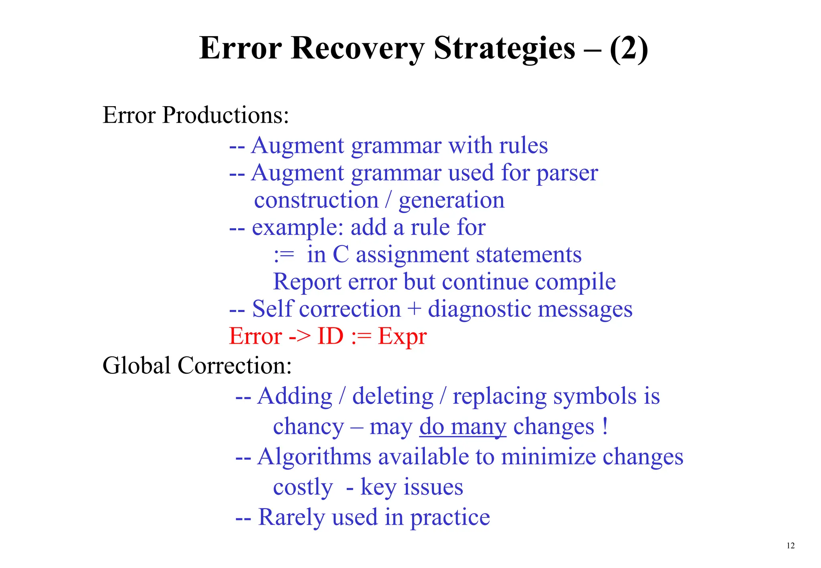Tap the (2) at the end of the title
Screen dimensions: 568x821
[628, 48]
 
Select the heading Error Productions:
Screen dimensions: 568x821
[196, 115]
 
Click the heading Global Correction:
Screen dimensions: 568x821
[197, 365]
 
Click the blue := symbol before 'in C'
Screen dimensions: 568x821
[284, 255]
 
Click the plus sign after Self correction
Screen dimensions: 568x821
[414, 310]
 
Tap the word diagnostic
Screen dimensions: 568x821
[479, 309]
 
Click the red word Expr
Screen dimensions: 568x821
[402, 336]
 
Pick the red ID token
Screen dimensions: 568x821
[330, 336]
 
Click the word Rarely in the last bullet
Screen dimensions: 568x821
[291, 517]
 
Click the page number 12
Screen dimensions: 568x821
[791, 546]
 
